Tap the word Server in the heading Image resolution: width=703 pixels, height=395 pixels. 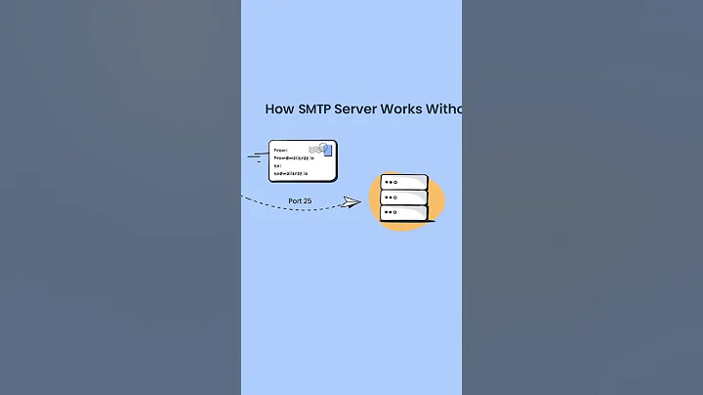pos(356,110)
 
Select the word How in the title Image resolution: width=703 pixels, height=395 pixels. pos(277,110)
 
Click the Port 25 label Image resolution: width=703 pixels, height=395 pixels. pos(300,200)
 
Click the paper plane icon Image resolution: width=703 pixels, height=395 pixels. pos(351,202)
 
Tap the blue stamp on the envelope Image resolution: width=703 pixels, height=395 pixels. pos(327,150)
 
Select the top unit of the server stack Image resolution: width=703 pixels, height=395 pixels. pos(404,182)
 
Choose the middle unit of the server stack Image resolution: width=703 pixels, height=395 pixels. pos(404,197)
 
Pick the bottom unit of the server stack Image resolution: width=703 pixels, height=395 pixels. pos(404,212)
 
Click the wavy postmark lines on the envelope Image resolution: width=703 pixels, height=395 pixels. pos(314,149)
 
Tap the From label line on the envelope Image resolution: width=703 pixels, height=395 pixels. pos(280,151)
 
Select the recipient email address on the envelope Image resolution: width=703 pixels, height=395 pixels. pos(291,173)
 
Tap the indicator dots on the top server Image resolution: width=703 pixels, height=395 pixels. pos(391,182)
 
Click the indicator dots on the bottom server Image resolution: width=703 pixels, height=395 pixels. pos(391,212)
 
